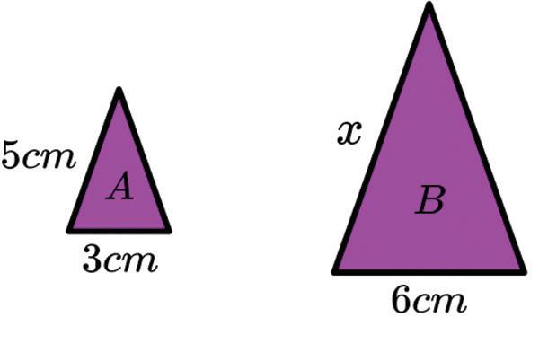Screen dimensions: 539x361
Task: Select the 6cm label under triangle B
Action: pyautogui.click(x=429, y=302)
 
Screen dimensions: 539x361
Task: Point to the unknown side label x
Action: pyautogui.click(x=349, y=134)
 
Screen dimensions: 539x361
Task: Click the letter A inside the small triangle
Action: pyautogui.click(x=119, y=188)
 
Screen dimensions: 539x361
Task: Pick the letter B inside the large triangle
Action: pyautogui.click(x=429, y=201)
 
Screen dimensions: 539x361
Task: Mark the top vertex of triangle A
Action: pyautogui.click(x=119, y=91)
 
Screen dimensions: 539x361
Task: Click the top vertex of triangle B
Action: pyautogui.click(x=429, y=7)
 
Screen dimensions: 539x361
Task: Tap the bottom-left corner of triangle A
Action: pyautogui.click(x=70, y=230)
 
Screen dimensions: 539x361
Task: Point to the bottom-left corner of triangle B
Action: pyautogui.click(x=336, y=270)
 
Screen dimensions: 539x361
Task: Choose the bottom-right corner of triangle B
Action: pyautogui.click(x=523, y=270)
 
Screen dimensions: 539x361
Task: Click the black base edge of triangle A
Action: pyautogui.click(x=119, y=231)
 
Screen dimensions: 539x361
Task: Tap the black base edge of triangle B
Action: pyautogui.click(x=429, y=271)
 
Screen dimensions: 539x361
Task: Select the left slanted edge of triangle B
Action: pyautogui.click(x=382, y=139)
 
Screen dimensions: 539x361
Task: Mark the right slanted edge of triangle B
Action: pyautogui.click(x=477, y=139)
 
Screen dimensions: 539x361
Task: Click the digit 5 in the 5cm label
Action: pyautogui.click(x=12, y=155)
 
